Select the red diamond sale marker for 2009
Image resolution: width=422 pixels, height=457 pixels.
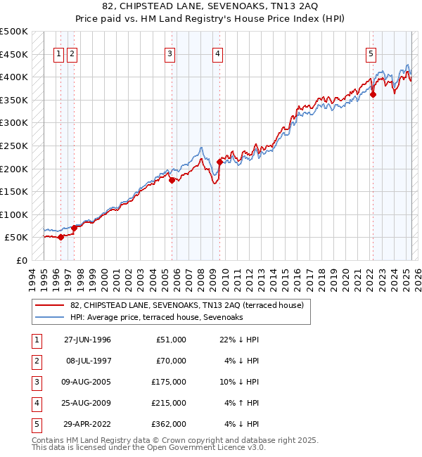pos(219,162)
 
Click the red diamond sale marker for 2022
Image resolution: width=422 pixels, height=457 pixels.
pos(373,95)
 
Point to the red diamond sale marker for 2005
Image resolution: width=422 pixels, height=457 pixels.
pos(172,180)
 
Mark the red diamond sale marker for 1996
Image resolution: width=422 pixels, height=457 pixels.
pos(60,237)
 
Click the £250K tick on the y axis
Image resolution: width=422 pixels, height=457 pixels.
pos(13,146)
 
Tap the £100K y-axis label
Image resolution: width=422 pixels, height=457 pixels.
pos(13,214)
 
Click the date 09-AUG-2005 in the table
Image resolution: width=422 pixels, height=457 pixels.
pos(87,382)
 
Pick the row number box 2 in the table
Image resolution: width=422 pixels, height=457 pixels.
pos(36,361)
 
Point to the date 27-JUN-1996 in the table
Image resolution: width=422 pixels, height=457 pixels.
pos(87,340)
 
